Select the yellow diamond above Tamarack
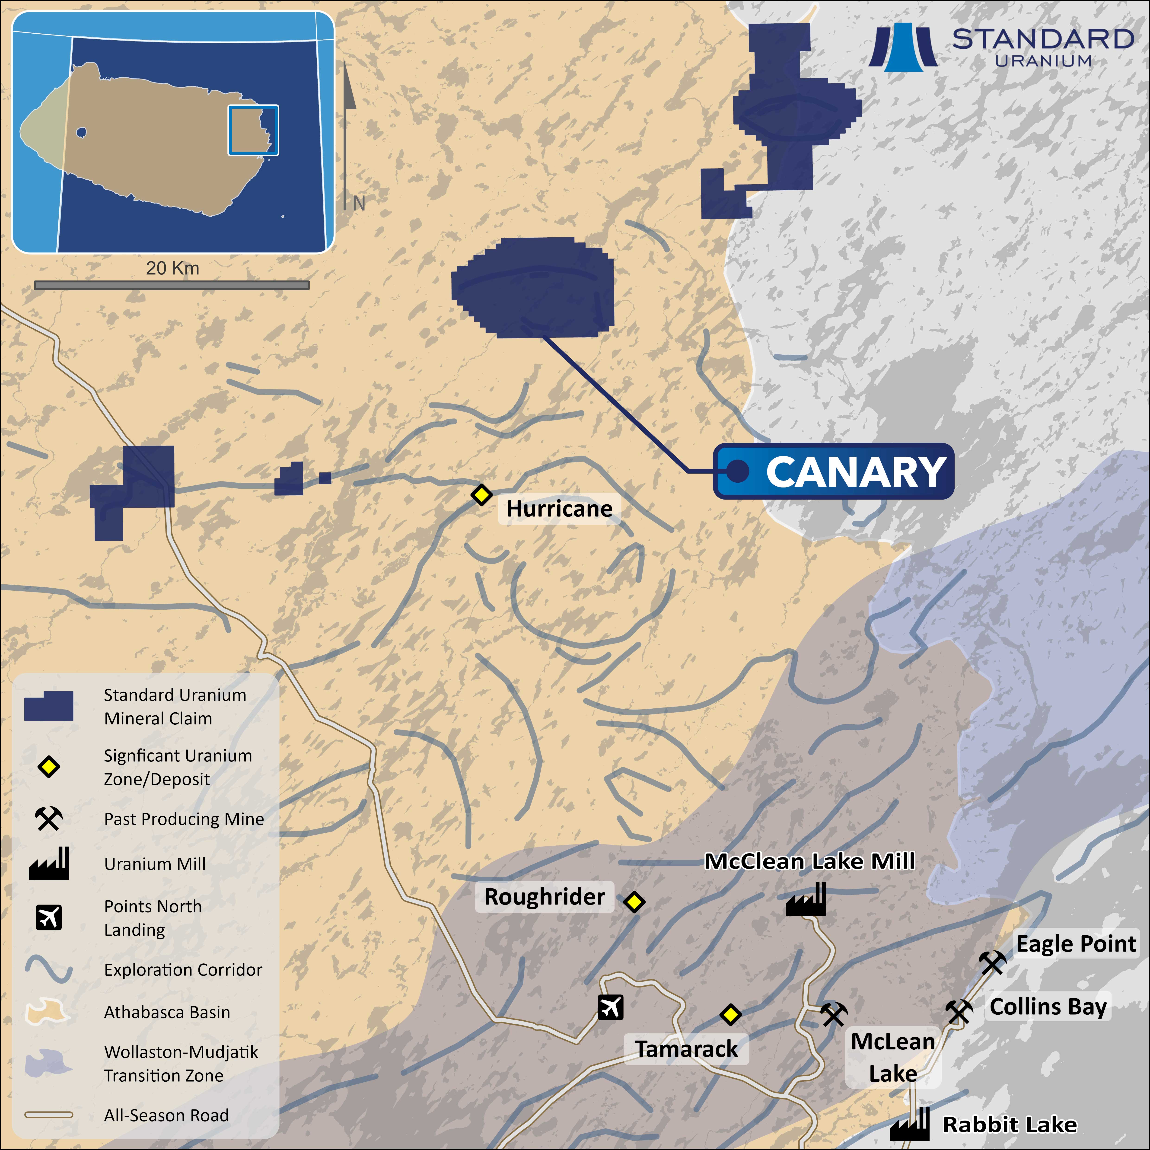[x=730, y=1014]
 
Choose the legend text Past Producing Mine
[x=184, y=819]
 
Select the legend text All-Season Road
[x=166, y=1115]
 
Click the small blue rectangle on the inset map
[x=253, y=130]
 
